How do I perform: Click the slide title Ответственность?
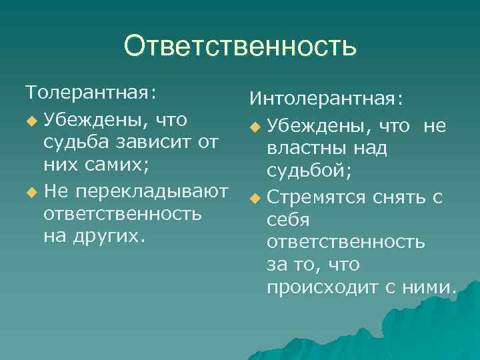tap(240, 47)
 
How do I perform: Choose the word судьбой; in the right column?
tap(309, 171)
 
